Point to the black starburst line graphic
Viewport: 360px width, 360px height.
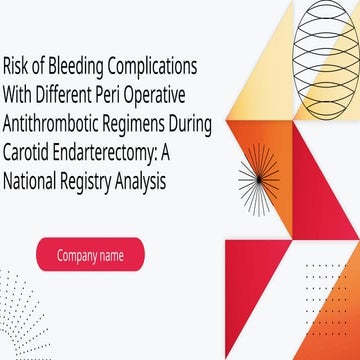point(263,182)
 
